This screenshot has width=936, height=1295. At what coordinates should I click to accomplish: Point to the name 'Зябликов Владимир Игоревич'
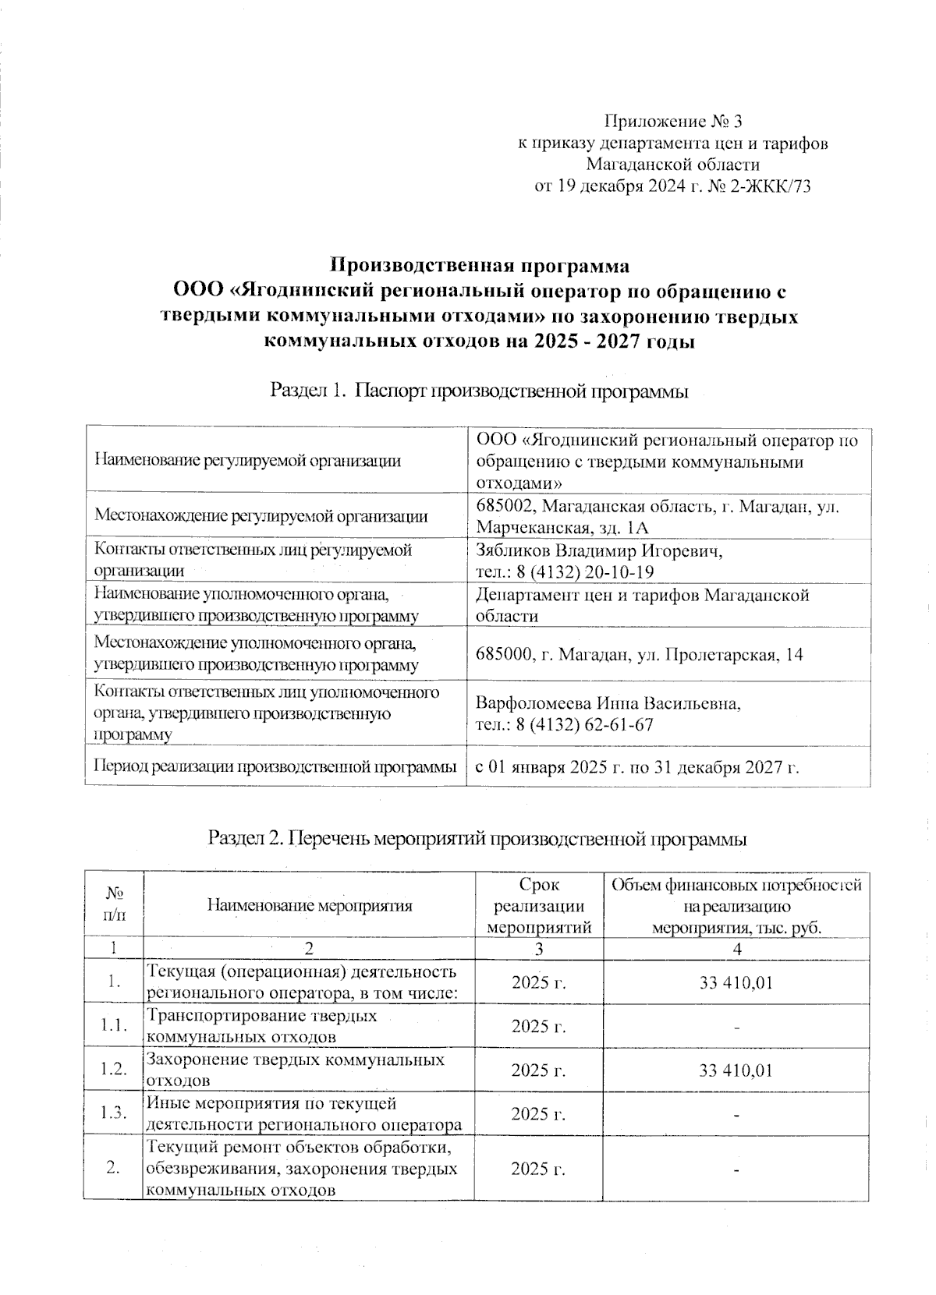[599, 550]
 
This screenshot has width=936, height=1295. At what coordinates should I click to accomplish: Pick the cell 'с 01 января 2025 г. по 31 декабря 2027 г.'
[638, 767]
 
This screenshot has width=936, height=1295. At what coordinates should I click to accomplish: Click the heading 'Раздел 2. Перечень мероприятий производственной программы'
[477, 839]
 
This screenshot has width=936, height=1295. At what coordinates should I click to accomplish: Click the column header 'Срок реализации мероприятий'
[539, 905]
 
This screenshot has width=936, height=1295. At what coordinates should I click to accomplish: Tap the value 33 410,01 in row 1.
[736, 982]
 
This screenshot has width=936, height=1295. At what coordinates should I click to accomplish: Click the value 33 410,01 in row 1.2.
[736, 1070]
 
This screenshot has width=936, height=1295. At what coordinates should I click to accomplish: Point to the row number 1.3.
[114, 1113]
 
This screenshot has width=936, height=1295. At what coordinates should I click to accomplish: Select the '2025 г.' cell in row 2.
[538, 1169]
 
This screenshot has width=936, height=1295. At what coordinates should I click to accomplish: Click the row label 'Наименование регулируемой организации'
[247, 461]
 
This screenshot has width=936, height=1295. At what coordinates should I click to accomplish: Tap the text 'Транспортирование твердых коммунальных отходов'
[263, 1026]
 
